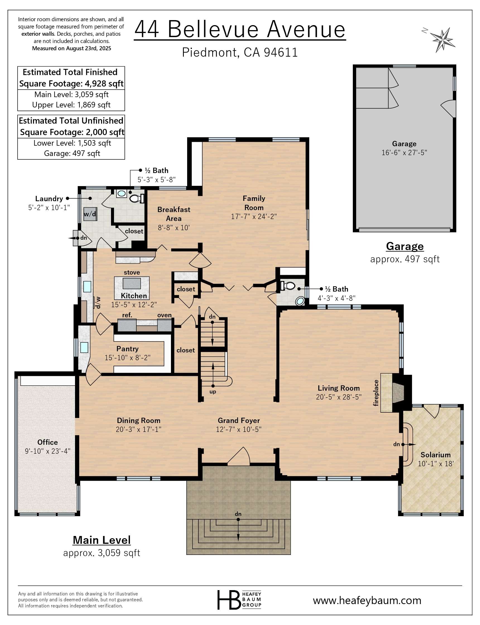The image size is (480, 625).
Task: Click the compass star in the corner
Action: (442, 40)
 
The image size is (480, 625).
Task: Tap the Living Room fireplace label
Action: (376, 393)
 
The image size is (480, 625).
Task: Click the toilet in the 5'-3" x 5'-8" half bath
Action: (136, 198)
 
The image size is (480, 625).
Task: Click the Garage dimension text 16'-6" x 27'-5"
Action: (404, 153)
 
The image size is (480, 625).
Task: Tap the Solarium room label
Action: (435, 455)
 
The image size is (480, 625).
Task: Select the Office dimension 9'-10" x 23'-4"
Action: (48, 451)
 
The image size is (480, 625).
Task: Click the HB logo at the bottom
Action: (229, 600)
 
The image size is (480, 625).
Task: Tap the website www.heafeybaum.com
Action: (367, 600)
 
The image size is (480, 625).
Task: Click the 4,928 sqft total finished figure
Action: (104, 84)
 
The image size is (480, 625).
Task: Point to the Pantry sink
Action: (84, 347)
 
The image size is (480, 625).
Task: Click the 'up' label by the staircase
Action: (213, 392)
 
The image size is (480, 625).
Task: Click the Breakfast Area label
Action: (174, 214)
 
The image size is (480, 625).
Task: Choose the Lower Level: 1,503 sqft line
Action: (72, 143)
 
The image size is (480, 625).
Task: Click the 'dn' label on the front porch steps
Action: (238, 514)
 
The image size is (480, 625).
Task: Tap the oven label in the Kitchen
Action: (164, 315)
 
